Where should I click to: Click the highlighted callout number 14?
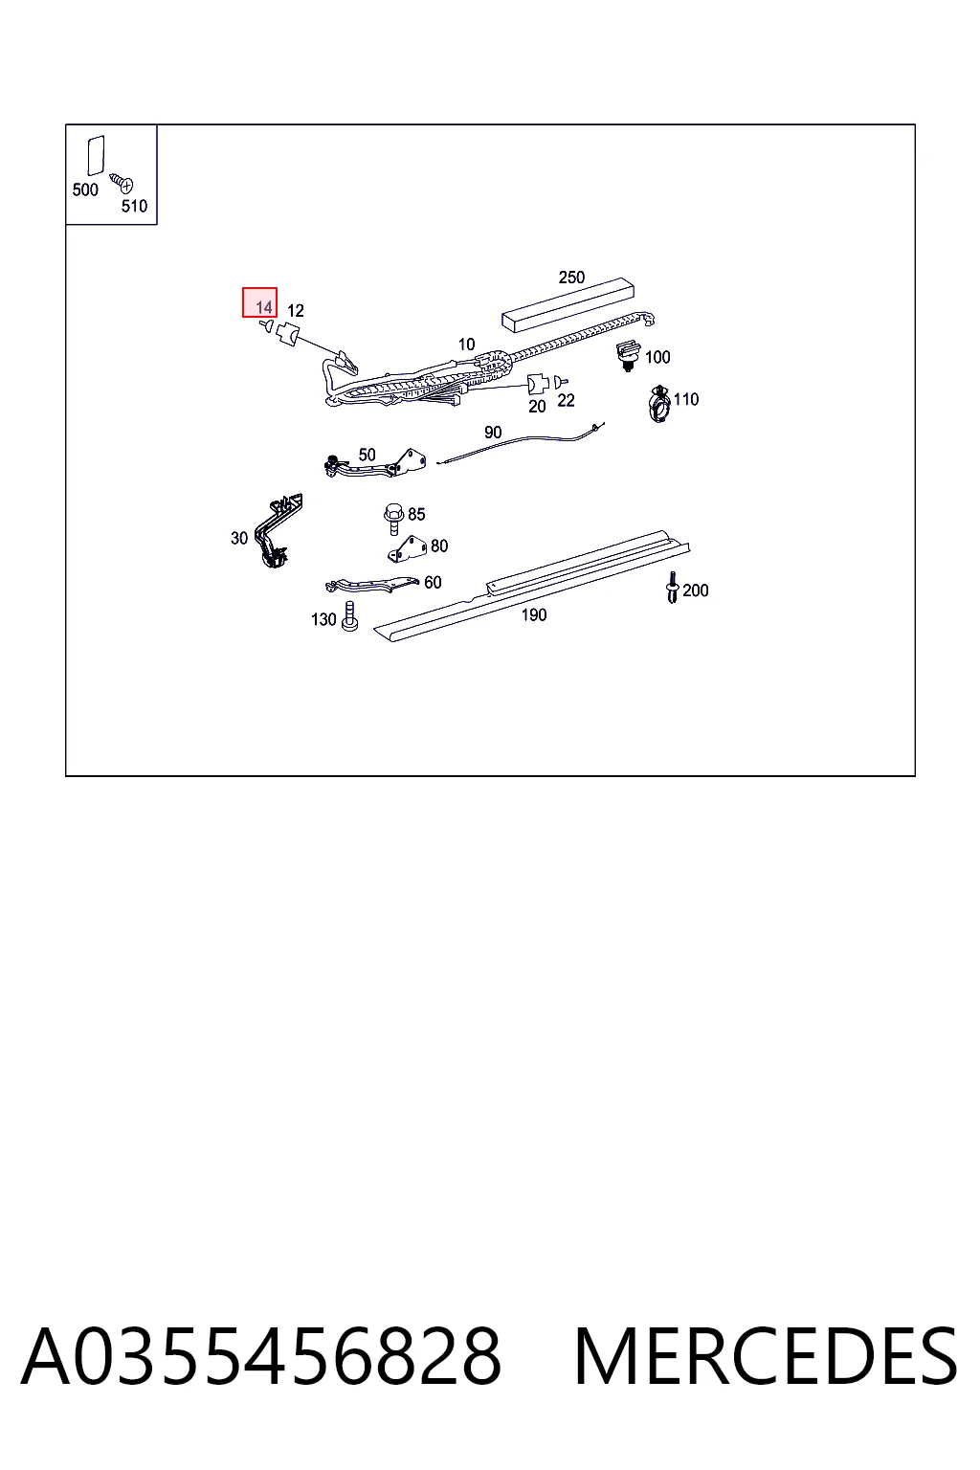coord(264,307)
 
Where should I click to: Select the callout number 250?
coord(571,277)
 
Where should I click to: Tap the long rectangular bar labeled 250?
coord(568,304)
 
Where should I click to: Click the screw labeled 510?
coord(122,182)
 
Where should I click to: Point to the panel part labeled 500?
coord(96,156)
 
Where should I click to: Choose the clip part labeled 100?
coord(628,356)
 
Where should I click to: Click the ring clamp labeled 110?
coord(659,404)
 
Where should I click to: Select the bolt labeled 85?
coord(393,519)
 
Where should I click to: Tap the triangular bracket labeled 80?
coord(408,550)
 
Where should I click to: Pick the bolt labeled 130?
coord(350,617)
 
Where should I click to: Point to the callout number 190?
coord(534,615)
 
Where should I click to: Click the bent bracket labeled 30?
coord(278,530)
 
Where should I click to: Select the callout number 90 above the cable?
coord(493,432)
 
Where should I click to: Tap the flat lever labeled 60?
coord(371,585)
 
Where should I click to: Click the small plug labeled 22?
coord(561,381)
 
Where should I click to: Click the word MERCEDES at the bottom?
coord(766,1356)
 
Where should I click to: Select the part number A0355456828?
coord(261,1356)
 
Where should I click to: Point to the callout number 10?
coord(466,345)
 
